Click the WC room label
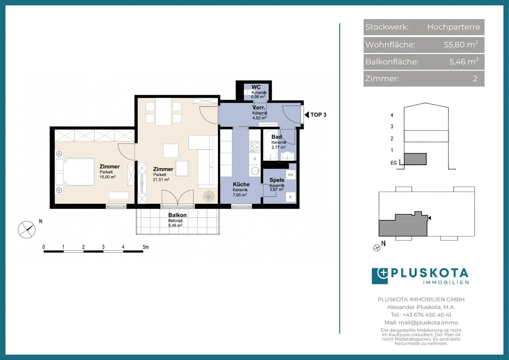[x=256, y=87]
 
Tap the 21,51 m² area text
[x=161, y=180]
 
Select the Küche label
[x=241, y=184]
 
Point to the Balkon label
[x=177, y=215]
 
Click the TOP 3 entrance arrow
[x=306, y=115]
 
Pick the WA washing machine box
[x=291, y=175]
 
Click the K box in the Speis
[x=291, y=197]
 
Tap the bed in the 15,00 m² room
[x=75, y=172]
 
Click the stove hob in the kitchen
[x=255, y=147]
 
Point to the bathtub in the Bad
[x=270, y=145]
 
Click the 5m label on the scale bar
[x=146, y=247]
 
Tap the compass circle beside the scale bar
[x=27, y=230]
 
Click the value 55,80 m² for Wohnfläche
[x=461, y=45]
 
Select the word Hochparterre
[x=454, y=27]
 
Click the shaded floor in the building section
[x=415, y=159]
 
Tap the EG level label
[x=393, y=163]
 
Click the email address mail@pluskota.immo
[x=428, y=323]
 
